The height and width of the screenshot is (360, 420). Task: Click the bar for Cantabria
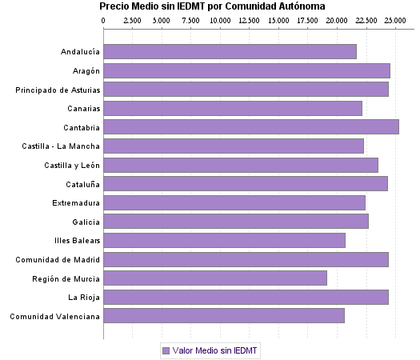click(x=250, y=127)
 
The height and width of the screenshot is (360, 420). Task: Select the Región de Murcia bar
click(x=214, y=278)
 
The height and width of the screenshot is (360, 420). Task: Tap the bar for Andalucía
click(x=230, y=52)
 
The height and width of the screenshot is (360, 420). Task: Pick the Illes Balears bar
click(x=224, y=241)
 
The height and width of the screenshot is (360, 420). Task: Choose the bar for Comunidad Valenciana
click(x=223, y=316)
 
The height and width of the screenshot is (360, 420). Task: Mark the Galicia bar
click(x=235, y=222)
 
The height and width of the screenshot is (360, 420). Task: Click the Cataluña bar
click(x=245, y=184)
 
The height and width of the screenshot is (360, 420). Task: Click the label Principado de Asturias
click(x=58, y=90)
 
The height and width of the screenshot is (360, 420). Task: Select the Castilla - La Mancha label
click(x=62, y=146)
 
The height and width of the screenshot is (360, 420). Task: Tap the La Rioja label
click(x=84, y=298)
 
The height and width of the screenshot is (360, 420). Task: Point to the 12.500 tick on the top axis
click(x=249, y=20)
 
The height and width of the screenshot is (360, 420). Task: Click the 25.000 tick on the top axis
click(x=395, y=20)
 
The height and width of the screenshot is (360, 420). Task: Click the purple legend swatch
click(x=166, y=350)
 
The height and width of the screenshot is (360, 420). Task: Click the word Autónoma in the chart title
click(x=300, y=6)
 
